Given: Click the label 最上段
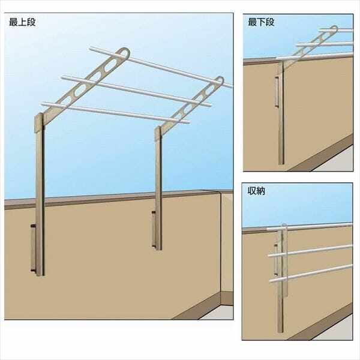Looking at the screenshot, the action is click(x=22, y=22).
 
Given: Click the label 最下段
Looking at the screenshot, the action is click(x=261, y=22).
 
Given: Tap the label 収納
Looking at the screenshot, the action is click(x=256, y=191).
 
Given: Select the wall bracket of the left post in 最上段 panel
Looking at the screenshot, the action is click(x=33, y=248).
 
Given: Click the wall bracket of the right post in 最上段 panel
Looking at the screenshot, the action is click(x=154, y=230).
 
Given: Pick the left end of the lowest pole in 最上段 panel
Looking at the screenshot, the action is click(x=42, y=104).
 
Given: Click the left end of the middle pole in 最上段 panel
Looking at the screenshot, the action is click(x=62, y=78).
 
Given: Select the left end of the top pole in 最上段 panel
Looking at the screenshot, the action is click(x=91, y=49).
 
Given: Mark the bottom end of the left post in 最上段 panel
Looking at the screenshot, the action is click(x=40, y=275).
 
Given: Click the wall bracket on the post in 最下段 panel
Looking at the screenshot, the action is click(x=277, y=92).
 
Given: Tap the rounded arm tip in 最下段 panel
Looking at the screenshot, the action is click(x=334, y=28).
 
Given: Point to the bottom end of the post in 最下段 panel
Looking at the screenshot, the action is click(x=281, y=163).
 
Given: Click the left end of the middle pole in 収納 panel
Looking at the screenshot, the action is click(x=269, y=255).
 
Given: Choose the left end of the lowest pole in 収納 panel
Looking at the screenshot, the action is click(x=271, y=280).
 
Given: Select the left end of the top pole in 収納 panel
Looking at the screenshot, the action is click(x=268, y=229).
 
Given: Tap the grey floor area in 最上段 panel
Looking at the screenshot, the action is click(x=218, y=313).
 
